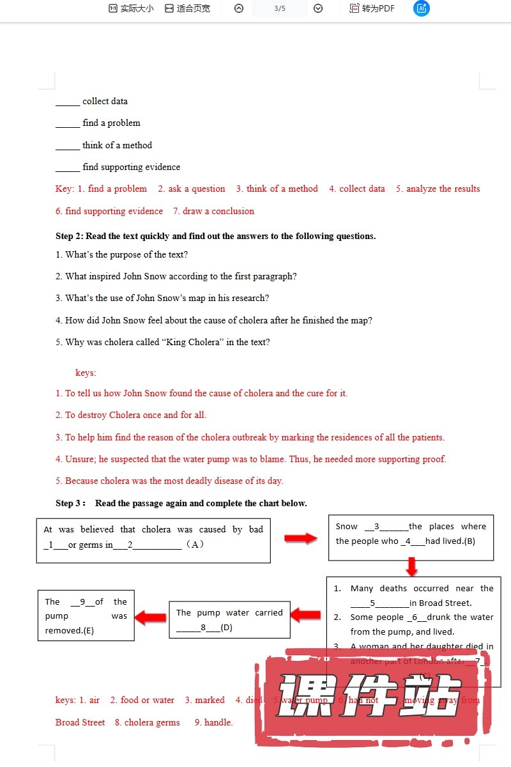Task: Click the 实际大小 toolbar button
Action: (x=131, y=9)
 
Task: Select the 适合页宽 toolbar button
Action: (x=187, y=9)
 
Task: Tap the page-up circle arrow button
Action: (x=239, y=8)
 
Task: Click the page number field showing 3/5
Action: (x=280, y=8)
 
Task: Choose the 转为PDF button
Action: (x=372, y=9)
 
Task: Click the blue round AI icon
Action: (x=422, y=8)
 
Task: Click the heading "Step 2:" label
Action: (x=70, y=236)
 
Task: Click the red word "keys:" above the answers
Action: (x=86, y=373)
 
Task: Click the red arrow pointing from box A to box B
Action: (x=300, y=538)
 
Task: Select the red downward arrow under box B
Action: (x=411, y=566)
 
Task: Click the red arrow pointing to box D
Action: (x=306, y=615)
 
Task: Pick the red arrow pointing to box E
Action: (x=151, y=617)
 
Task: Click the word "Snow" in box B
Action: (x=347, y=527)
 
